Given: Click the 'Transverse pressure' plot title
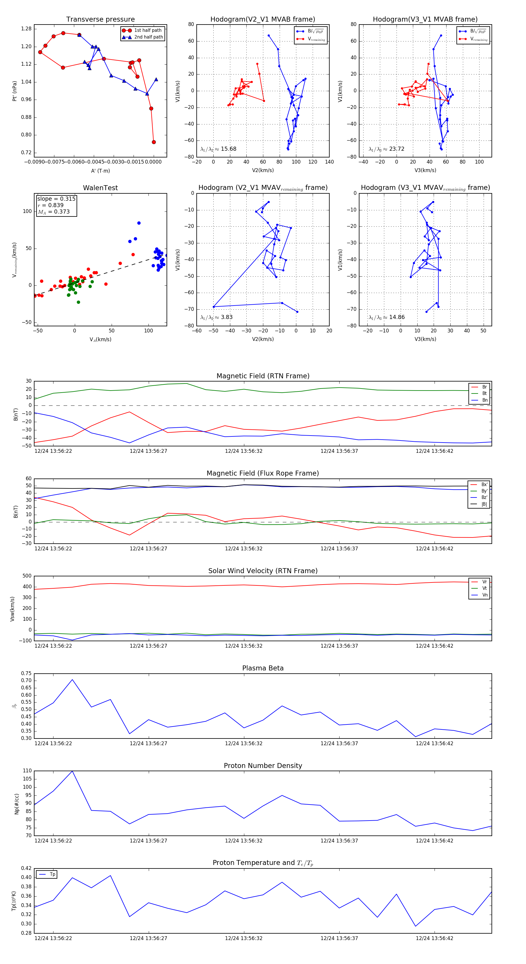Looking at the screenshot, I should click(100, 20).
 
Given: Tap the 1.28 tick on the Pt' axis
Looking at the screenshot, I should click(26, 29).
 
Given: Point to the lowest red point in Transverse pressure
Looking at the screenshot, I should click(153, 142).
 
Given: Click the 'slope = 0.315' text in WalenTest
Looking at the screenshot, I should click(56, 199).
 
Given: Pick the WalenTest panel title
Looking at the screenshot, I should click(100, 188).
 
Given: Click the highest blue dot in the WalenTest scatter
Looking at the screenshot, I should click(139, 223).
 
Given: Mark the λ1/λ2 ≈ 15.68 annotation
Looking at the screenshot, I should click(218, 149).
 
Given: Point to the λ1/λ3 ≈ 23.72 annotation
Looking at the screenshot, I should click(386, 149).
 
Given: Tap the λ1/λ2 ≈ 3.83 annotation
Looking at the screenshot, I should click(216, 317).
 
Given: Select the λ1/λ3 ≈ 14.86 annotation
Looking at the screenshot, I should click(386, 317).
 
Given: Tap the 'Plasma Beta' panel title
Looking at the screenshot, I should click(263, 668).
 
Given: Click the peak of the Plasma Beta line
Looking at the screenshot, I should click(72, 679).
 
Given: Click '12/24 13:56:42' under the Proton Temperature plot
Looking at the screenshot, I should click(434, 938).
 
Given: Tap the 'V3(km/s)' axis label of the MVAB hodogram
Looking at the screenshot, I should click(425, 170).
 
